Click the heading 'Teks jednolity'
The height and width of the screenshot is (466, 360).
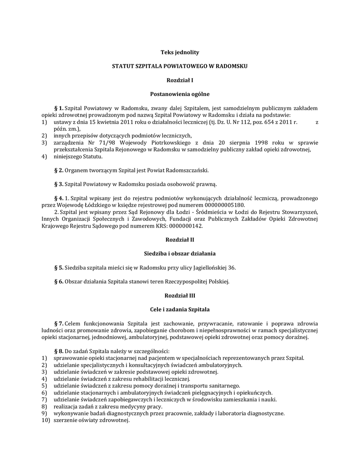click(180, 52)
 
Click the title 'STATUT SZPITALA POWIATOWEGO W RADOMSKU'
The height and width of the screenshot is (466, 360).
click(180, 66)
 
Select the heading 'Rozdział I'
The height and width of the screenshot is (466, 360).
click(180, 81)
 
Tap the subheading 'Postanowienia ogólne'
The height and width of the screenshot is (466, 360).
click(180, 94)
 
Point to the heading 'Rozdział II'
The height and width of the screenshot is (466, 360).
click(180, 239)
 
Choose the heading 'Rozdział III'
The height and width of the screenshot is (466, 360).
click(180, 295)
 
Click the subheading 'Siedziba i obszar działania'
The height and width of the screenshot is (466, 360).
click(180, 253)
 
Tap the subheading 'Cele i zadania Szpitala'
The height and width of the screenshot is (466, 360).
click(180, 309)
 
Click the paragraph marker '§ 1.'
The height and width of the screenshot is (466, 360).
click(58, 108)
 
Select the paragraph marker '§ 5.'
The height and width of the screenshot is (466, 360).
click(58, 267)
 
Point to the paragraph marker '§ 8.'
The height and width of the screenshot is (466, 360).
click(58, 351)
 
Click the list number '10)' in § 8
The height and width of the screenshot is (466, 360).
click(45, 420)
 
